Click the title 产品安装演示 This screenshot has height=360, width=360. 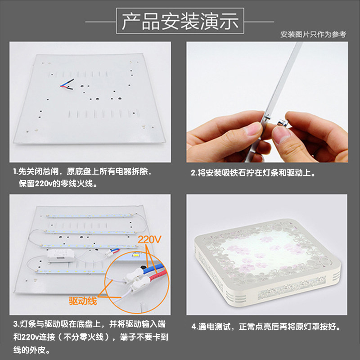(x=180, y=21)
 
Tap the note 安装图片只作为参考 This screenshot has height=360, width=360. (x=313, y=35)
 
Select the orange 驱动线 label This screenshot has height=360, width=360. (x=82, y=301)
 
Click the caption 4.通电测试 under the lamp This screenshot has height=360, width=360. (x=265, y=327)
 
